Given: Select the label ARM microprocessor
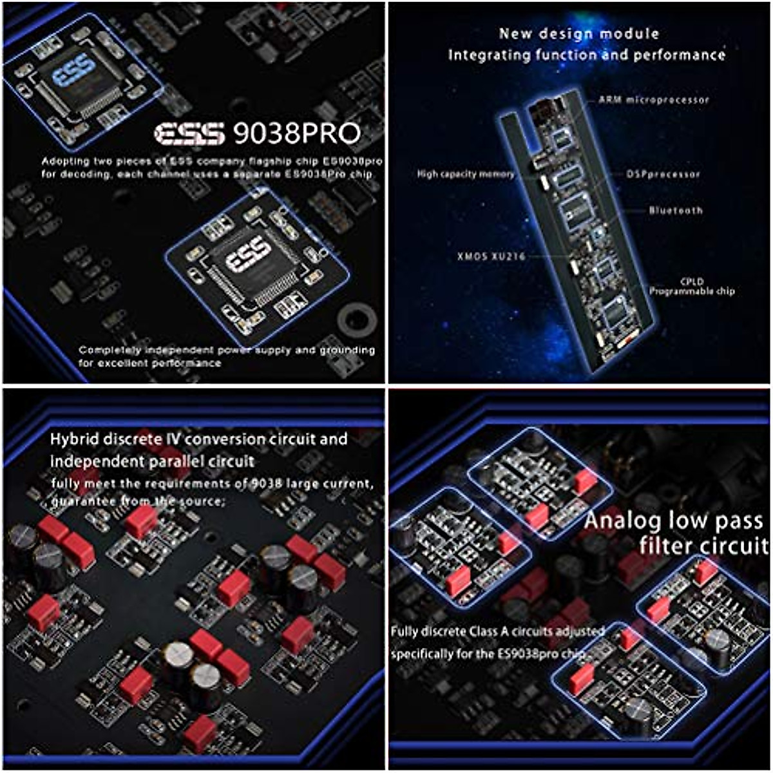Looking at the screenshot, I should point(653,100).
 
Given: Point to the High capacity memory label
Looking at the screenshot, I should point(465,174).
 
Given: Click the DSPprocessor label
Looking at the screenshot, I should point(663,174).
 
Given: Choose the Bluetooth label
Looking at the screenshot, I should point(676,210).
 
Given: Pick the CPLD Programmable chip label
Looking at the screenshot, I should point(691,287).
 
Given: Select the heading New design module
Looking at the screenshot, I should point(579,34).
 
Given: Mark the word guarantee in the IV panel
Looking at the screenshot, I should point(81,501).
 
